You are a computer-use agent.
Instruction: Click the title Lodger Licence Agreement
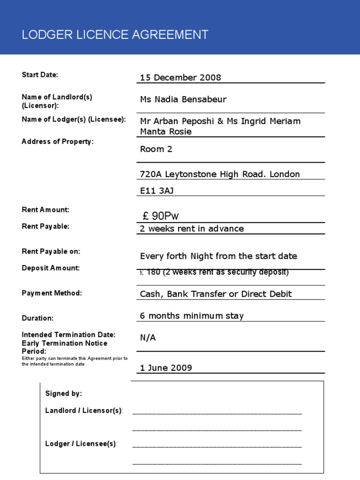[x=115, y=35]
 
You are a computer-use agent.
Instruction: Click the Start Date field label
[x=40, y=75]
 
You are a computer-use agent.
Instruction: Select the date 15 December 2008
[x=180, y=77]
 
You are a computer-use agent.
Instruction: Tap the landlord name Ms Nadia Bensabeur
[x=183, y=99]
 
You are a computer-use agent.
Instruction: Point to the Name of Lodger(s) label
[x=74, y=120]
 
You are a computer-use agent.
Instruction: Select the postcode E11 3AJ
[x=157, y=190]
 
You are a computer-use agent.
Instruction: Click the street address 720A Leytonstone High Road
[x=220, y=174]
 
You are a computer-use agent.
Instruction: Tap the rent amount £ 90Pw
[x=160, y=216]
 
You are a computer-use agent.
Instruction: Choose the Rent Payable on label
[x=51, y=251]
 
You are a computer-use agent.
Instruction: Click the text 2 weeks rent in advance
[x=192, y=229]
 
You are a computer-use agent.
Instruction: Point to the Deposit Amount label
[x=51, y=268]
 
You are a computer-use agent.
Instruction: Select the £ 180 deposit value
[x=214, y=272]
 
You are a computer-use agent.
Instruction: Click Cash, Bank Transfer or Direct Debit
[x=216, y=294]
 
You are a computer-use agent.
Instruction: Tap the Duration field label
[x=37, y=318]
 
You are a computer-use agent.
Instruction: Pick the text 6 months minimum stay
[x=192, y=316]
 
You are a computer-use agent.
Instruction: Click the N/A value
[x=148, y=337]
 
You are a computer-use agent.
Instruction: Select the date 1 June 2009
[x=166, y=367]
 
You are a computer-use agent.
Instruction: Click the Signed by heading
[x=63, y=394]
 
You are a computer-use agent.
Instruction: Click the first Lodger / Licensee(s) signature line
[x=217, y=445]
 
